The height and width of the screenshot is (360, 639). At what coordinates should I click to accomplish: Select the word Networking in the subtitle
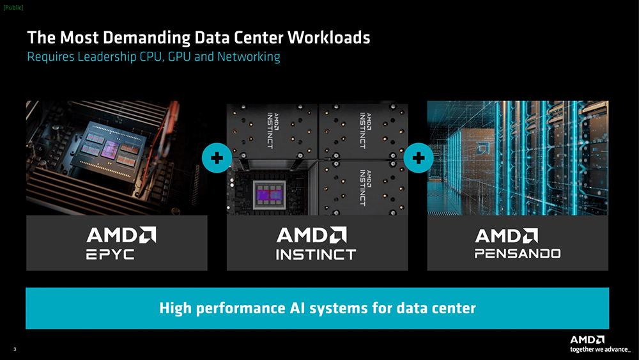coord(249,57)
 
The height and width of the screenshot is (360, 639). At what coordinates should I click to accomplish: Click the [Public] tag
coord(14,8)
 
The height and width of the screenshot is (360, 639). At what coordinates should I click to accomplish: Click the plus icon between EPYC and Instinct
coord(217,159)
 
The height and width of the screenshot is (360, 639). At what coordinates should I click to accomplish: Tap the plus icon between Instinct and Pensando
coord(419,159)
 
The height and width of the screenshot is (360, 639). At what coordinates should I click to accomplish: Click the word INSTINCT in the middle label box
coord(316,254)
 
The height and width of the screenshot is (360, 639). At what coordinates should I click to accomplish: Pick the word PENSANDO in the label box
coord(518,254)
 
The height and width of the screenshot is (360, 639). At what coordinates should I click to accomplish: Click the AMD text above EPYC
coord(120,235)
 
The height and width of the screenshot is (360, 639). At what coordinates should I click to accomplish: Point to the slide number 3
coord(14,348)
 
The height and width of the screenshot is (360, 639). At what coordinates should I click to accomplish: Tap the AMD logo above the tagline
coord(587,340)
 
